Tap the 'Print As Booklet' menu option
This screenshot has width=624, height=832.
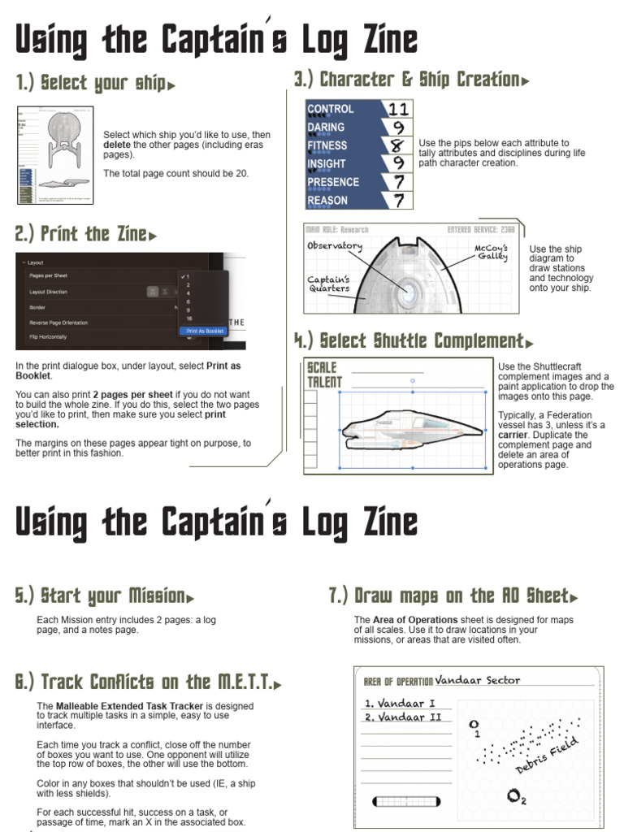pyautogui.click(x=205, y=331)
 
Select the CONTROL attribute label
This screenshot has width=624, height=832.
pyautogui.click(x=331, y=109)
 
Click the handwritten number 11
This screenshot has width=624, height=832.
pyautogui.click(x=398, y=109)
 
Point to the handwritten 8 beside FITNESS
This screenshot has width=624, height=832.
pyautogui.click(x=397, y=145)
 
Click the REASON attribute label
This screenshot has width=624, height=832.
pyautogui.click(x=327, y=201)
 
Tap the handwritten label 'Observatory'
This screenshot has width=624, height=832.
pyautogui.click(x=335, y=245)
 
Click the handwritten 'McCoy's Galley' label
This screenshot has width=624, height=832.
pyautogui.click(x=492, y=252)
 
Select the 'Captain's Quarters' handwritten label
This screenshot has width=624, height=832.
pyautogui.click(x=329, y=284)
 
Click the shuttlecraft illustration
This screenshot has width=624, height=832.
pyautogui.click(x=411, y=428)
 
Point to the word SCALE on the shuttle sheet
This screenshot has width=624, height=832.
pyautogui.click(x=322, y=367)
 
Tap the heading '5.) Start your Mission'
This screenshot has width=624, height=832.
pyautogui.click(x=104, y=596)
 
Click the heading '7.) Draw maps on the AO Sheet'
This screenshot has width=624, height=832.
pyautogui.click(x=453, y=596)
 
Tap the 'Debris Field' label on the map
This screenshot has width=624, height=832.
pyautogui.click(x=547, y=755)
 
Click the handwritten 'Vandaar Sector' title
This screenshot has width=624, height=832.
pyautogui.click(x=477, y=680)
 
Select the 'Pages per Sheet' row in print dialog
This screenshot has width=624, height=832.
pyautogui.click(x=49, y=275)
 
